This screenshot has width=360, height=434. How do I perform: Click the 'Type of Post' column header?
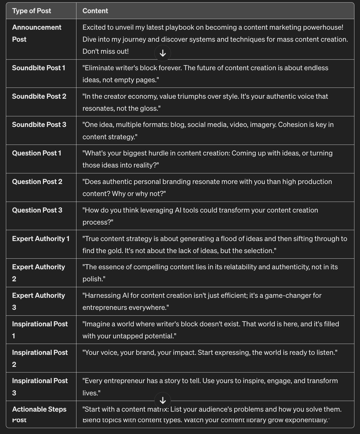(x=32, y=11)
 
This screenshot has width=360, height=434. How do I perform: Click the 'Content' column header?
(x=95, y=11)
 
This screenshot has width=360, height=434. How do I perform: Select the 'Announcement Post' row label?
(x=37, y=33)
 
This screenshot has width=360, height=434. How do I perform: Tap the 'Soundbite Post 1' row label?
(x=39, y=68)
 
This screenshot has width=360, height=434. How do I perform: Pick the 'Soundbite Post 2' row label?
(x=39, y=96)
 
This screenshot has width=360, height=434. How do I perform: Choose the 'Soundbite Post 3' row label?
(x=39, y=125)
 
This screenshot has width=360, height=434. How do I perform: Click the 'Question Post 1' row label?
(x=37, y=153)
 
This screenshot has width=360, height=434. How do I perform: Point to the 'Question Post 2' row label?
(x=37, y=182)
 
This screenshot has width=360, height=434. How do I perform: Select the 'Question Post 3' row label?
(x=37, y=210)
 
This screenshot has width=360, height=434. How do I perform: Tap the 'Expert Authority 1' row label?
(x=41, y=239)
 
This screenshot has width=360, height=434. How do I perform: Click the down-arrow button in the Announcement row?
(x=163, y=53)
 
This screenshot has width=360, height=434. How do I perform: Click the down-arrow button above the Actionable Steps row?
(x=163, y=400)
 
